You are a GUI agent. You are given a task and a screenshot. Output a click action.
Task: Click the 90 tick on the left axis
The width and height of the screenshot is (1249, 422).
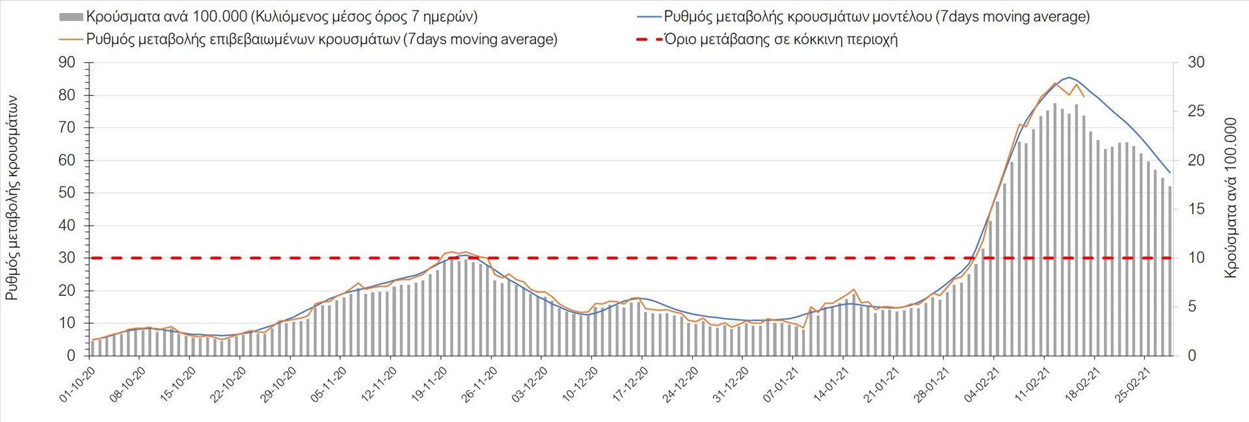[67, 62]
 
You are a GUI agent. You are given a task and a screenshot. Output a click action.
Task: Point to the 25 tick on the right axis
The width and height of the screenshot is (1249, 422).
[1196, 111]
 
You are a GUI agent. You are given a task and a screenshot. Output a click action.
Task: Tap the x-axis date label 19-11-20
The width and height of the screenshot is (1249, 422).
[429, 384]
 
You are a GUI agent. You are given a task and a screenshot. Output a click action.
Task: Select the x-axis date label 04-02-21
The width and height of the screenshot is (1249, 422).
[981, 384]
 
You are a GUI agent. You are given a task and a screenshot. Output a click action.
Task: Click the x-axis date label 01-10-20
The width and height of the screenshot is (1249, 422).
[77, 384]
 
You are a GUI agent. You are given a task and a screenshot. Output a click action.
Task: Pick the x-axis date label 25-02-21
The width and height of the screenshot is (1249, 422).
[1132, 384]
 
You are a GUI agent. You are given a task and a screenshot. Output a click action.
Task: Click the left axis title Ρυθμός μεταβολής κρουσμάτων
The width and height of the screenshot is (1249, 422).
[12, 198]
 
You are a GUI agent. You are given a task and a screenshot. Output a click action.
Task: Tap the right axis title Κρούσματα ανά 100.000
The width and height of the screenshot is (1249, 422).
[1230, 198]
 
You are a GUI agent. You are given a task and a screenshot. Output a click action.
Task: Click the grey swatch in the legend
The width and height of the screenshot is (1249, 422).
[71, 17]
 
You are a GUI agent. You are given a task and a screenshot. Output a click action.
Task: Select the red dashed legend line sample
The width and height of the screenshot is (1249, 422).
[649, 40]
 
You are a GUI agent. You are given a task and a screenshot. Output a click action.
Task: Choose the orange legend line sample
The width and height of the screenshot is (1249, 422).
[71, 40]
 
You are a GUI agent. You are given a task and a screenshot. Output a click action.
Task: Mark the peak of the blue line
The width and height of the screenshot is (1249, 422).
[1068, 77]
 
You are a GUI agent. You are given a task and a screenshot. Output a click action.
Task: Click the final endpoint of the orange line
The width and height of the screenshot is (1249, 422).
[1083, 96]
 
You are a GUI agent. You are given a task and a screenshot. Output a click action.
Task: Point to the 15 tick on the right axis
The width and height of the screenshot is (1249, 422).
[1196, 209]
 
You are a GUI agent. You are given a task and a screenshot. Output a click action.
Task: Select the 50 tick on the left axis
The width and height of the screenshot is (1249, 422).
[67, 193]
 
